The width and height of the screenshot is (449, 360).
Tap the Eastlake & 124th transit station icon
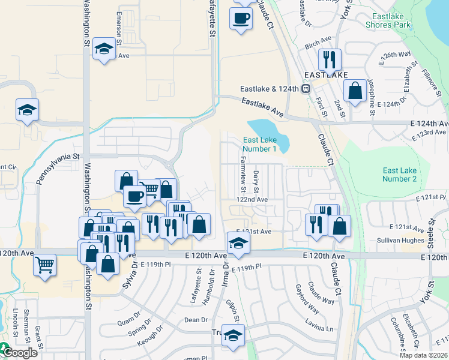pos(306,89)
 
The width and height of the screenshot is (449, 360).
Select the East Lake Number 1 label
pos(260,145)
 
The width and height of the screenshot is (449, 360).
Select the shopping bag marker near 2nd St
pos(355,91)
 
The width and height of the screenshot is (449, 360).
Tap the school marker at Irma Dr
pos(238,243)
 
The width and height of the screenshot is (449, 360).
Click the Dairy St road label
pos(256,179)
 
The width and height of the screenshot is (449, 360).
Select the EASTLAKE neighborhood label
pos(325,75)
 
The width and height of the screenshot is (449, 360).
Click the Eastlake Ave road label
pos(262,107)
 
